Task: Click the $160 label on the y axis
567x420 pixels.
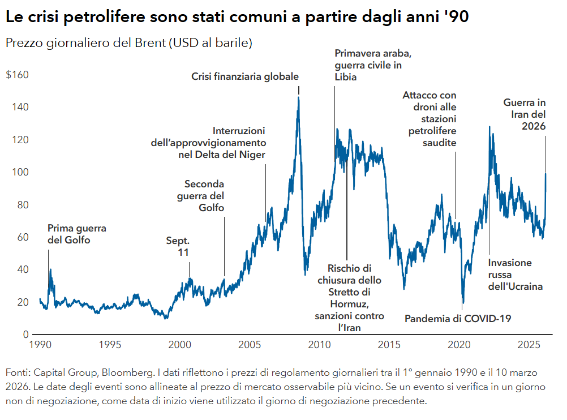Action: [x=17, y=75]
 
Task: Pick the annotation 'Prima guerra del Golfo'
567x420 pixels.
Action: [x=76, y=234]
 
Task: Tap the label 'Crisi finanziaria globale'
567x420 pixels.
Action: [x=244, y=76]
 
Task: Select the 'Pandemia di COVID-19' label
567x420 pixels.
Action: [x=457, y=319]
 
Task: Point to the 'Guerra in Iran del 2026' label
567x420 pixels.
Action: [x=525, y=115]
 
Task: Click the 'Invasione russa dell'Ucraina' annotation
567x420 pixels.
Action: [x=515, y=275]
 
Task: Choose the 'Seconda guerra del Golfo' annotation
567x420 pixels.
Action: [x=204, y=196]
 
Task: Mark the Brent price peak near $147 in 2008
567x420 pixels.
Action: [x=298, y=98]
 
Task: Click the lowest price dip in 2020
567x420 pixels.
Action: [x=463, y=304]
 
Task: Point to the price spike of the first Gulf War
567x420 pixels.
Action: [x=50, y=271]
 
